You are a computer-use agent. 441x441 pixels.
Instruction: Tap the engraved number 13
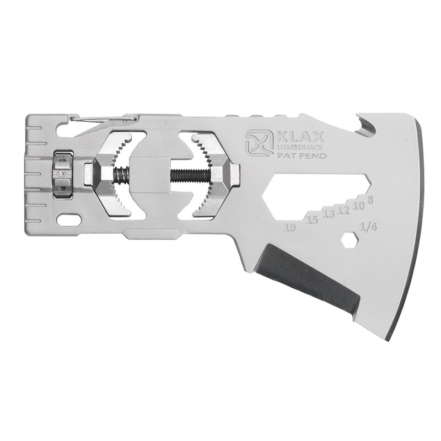tap(329, 214)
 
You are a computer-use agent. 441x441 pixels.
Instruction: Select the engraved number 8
tap(370, 200)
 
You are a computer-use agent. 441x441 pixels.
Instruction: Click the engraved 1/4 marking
tap(367, 227)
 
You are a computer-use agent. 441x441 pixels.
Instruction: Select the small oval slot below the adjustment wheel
tap(67, 219)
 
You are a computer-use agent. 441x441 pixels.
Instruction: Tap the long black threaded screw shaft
tap(191, 176)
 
